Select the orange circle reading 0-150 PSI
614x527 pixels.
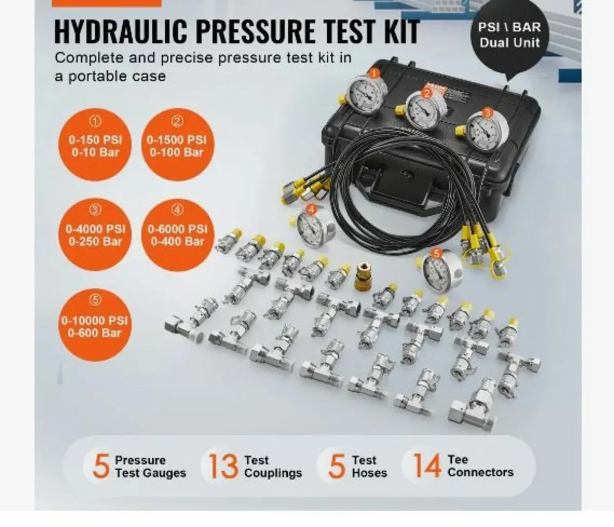[x=96, y=144]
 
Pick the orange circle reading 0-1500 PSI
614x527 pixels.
[x=177, y=144]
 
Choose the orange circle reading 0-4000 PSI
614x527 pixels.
[x=96, y=234]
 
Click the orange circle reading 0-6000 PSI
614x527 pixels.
[x=177, y=234]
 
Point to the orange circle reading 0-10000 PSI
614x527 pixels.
[x=95, y=326]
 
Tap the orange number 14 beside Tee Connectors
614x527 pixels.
[x=427, y=466]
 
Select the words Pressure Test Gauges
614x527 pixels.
[x=150, y=467]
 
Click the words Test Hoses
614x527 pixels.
[x=369, y=467]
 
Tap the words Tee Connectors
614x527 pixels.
[x=480, y=466]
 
